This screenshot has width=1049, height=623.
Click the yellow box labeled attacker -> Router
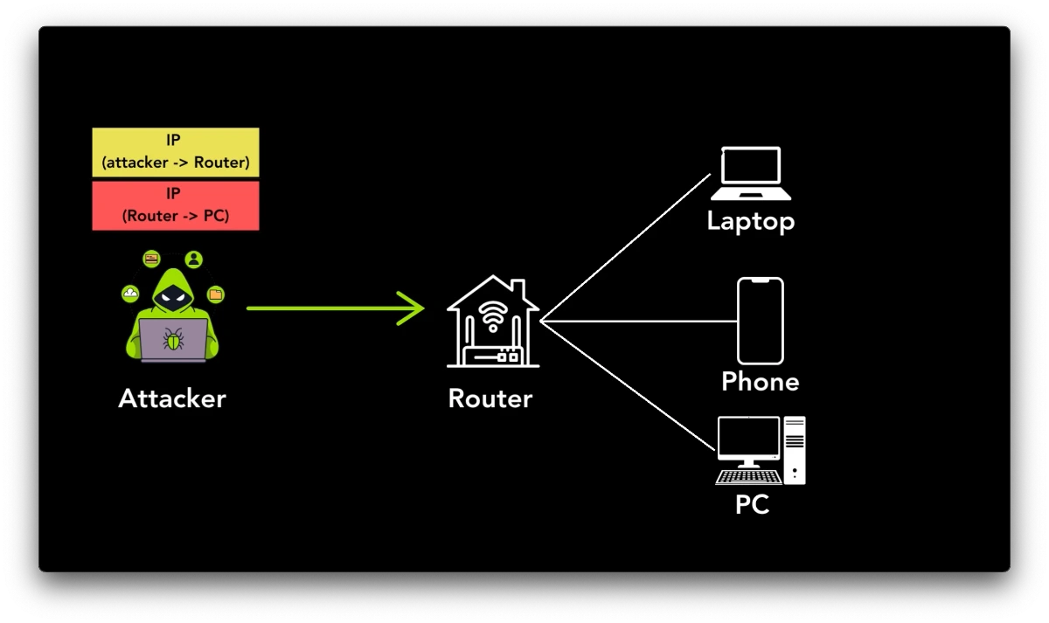(x=175, y=152)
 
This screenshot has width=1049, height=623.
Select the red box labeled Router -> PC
(x=175, y=205)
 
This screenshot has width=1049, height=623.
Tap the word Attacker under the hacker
(x=172, y=398)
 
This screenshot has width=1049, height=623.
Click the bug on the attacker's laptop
(x=173, y=339)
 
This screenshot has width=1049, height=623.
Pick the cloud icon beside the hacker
(x=130, y=294)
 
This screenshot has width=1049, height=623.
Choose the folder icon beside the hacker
(x=215, y=294)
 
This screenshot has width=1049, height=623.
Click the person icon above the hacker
(x=193, y=260)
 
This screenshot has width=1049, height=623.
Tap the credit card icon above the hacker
(x=151, y=259)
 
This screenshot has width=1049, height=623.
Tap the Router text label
(x=490, y=398)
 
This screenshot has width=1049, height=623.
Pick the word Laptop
(x=750, y=221)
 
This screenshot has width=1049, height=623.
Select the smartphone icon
(x=760, y=321)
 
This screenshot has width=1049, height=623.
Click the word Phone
(x=760, y=382)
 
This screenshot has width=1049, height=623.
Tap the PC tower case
(x=794, y=450)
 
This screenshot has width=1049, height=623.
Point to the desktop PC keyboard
(x=748, y=477)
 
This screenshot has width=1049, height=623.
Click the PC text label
(x=752, y=504)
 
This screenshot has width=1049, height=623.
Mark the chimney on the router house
(x=518, y=288)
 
